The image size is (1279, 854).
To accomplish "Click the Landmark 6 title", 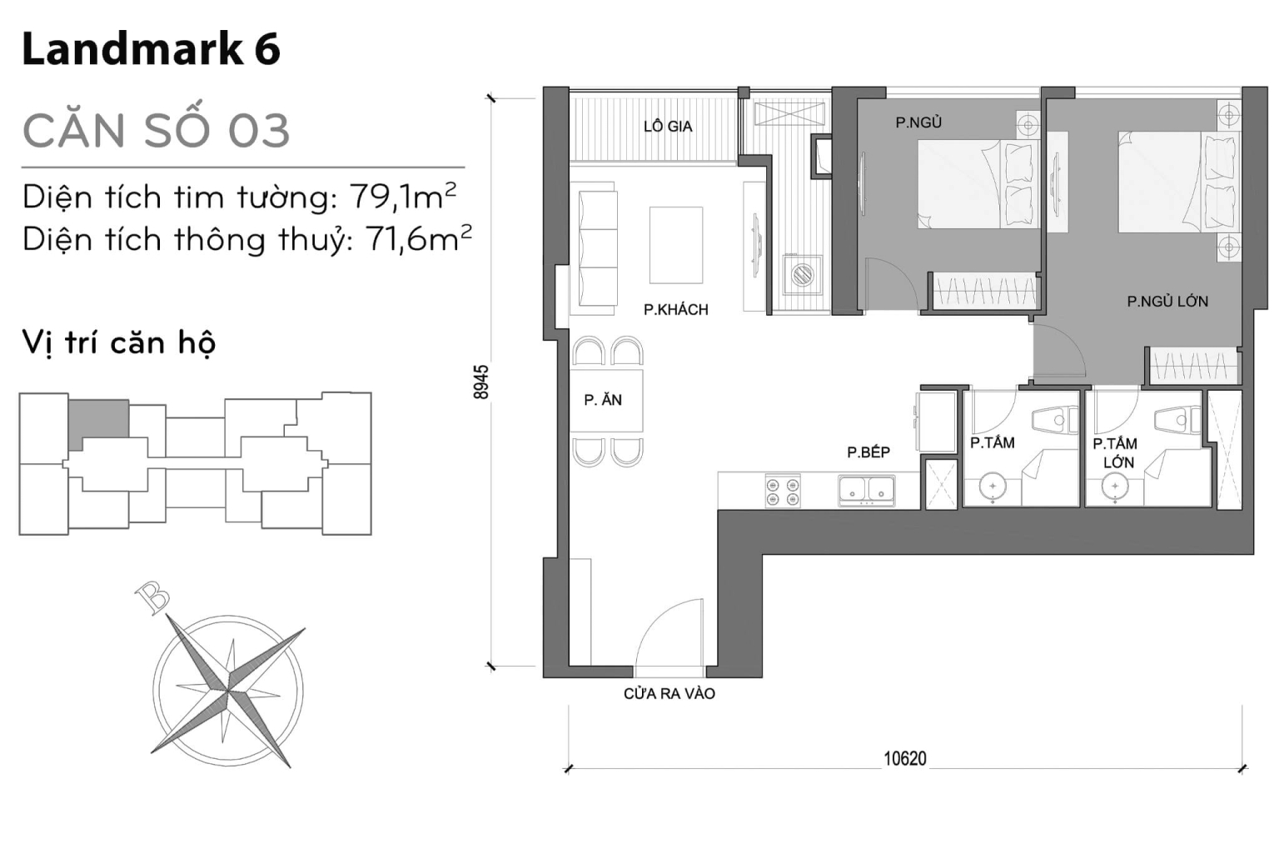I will (151, 49).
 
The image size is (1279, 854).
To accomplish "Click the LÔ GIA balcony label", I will (667, 127).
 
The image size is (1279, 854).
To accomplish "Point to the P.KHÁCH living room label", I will (675, 310).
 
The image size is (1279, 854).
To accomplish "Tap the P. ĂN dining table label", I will (603, 400).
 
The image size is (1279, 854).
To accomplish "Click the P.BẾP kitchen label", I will (868, 452).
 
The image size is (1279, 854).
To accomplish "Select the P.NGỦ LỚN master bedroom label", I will (1167, 302).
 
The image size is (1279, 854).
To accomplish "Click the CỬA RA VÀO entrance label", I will (669, 693).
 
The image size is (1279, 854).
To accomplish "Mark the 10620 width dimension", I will (904, 758).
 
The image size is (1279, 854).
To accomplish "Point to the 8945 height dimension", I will (481, 382).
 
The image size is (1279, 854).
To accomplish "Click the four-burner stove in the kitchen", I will (783, 491).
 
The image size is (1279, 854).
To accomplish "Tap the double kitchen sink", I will (867, 491).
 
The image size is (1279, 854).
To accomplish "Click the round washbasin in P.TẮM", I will (993, 486).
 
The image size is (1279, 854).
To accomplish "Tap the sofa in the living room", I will (595, 248).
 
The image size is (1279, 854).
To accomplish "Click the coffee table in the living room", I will (675, 245).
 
